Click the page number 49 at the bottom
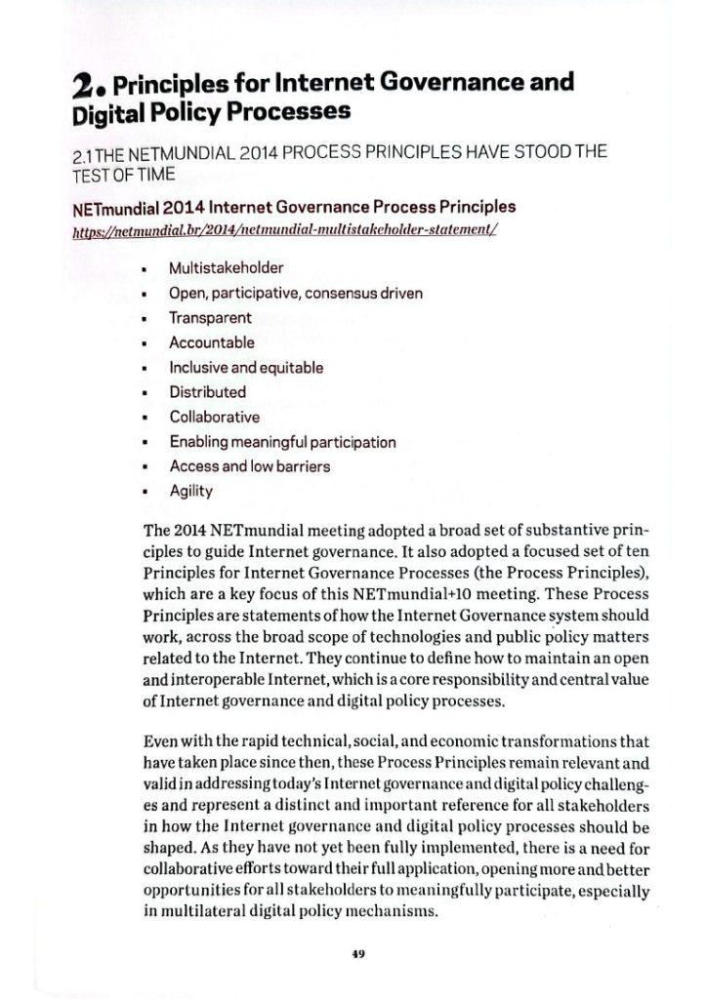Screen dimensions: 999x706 [358, 954]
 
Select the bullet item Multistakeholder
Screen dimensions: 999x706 [223, 268]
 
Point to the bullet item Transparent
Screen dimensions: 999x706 [210, 318]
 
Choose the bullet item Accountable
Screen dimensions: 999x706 [212, 342]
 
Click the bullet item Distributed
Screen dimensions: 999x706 [207, 392]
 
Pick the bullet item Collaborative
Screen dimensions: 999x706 [214, 417]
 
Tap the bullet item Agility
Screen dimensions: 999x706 [190, 491]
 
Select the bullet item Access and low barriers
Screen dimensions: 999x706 [249, 466]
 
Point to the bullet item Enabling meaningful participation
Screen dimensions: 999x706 [282, 442]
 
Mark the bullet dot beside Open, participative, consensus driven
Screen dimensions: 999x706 [145, 294]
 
